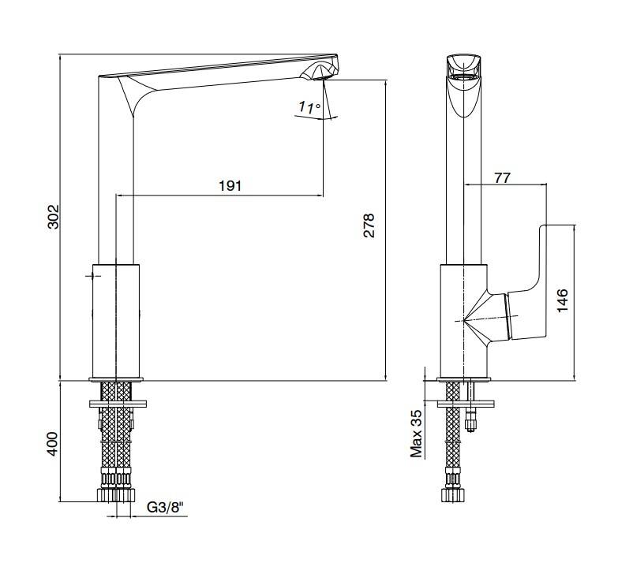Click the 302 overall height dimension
coord(54,216)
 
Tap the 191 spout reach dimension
coord(230,185)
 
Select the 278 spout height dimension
coord(369,225)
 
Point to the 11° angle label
coord(309,107)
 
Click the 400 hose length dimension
coord(52,444)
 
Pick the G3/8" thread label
coord(166,508)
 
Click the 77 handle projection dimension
coord(503,178)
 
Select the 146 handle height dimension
coord(563,300)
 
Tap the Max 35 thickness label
coord(416,434)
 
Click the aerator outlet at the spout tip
coord(321,78)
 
